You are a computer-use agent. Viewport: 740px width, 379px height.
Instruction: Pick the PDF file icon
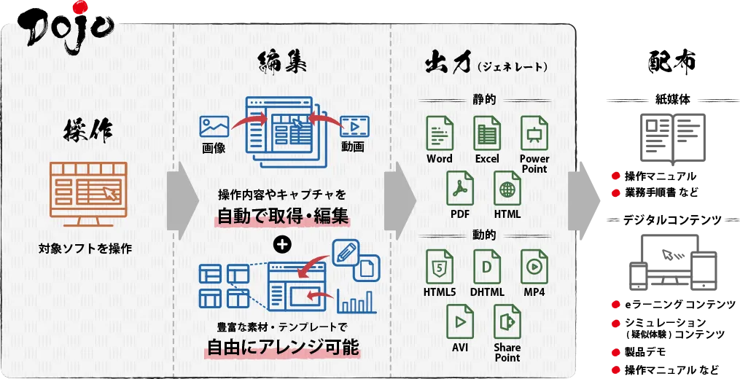(460, 189)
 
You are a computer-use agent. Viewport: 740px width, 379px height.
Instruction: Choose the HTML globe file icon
(507, 189)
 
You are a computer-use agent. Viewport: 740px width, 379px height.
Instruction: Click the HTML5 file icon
(440, 267)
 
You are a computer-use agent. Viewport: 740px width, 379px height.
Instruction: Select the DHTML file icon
(486, 267)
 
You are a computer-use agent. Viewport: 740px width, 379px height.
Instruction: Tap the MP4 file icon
(534, 267)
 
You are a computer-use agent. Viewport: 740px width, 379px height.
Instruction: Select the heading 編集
(283, 64)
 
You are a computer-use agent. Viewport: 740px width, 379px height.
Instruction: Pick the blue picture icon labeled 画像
(214, 126)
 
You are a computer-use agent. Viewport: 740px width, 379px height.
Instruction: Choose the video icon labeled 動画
(354, 126)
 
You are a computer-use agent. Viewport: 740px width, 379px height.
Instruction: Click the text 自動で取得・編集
(283, 216)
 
